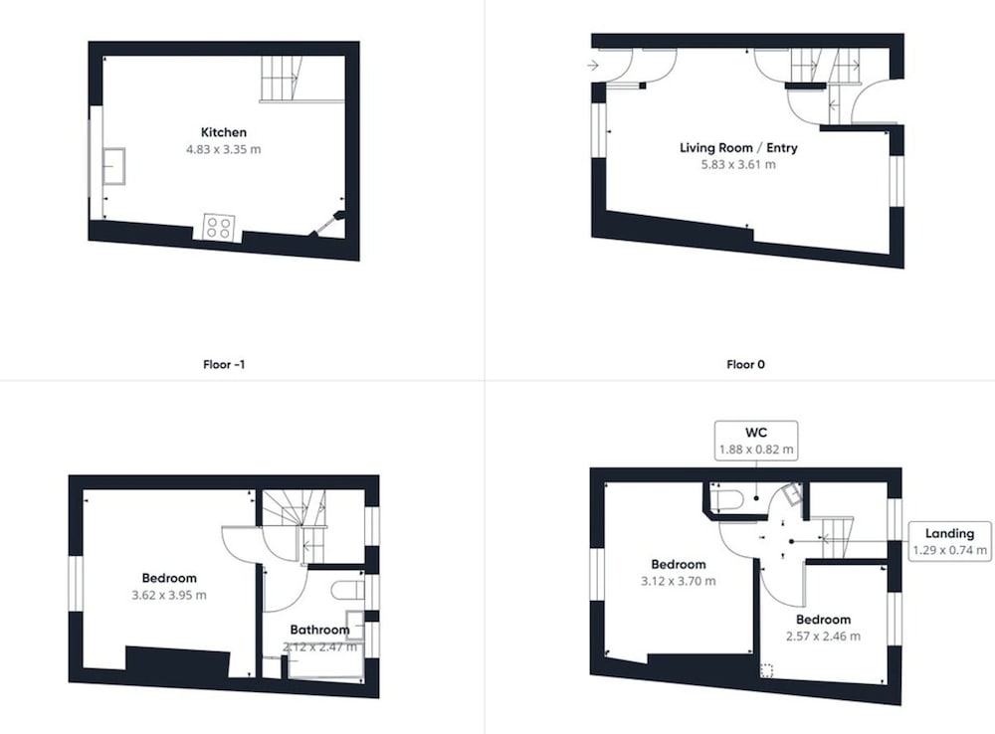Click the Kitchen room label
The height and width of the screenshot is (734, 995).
[223, 132]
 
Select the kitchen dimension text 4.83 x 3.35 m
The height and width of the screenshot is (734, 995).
[223, 150]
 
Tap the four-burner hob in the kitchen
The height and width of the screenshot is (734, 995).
[219, 228]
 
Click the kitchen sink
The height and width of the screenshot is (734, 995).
[113, 166]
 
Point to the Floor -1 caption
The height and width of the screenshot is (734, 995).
[224, 365]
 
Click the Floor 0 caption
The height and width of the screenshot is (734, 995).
[745, 365]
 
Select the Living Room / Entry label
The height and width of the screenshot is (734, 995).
[738, 148]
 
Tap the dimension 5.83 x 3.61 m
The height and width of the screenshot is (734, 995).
[738, 165]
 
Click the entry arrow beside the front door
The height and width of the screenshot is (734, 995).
[593, 65]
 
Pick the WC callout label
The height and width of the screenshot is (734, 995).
[756, 433]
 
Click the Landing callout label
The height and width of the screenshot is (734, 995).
[949, 533]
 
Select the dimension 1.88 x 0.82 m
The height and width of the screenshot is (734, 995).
[756, 450]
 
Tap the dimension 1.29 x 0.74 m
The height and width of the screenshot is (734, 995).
[949, 550]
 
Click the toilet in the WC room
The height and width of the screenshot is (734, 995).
[727, 499]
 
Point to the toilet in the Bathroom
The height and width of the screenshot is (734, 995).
[347, 590]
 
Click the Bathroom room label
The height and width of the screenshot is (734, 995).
[319, 630]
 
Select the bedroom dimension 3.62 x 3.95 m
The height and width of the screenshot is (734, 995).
[169, 595]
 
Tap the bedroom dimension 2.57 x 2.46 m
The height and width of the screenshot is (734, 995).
[824, 637]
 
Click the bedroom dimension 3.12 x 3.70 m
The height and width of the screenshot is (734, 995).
[679, 581]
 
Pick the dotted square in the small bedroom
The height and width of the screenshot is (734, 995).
[766, 670]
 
